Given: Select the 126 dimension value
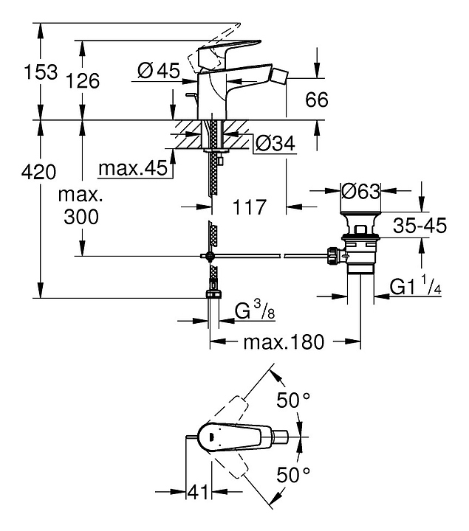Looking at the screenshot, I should [83, 80].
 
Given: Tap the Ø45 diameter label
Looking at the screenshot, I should [159, 71].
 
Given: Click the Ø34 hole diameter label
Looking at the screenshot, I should [275, 144].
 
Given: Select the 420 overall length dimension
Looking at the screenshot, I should [39, 173].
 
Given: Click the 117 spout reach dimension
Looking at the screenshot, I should [249, 208].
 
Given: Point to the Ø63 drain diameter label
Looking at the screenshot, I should [360, 191].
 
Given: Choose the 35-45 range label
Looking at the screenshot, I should [420, 226].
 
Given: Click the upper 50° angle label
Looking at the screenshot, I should [293, 401].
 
